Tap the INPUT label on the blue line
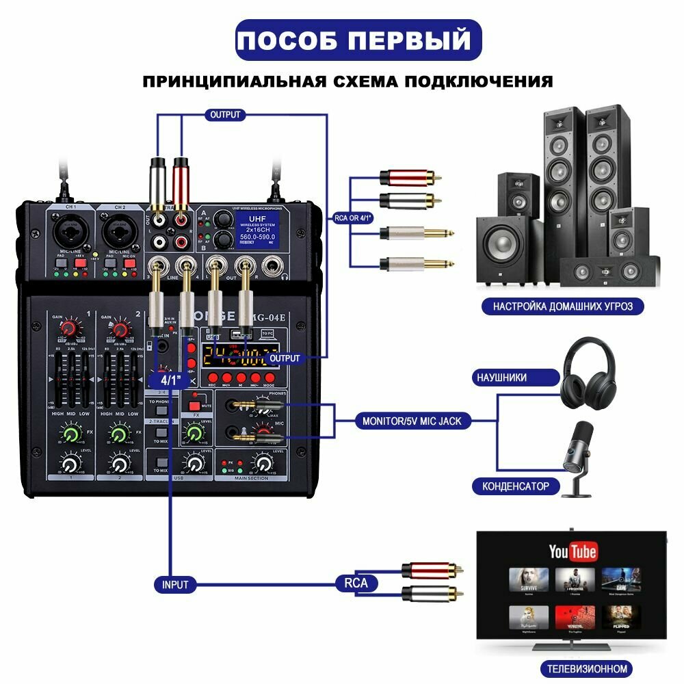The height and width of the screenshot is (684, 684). (175, 585)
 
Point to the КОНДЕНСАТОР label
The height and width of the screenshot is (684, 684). (515, 486)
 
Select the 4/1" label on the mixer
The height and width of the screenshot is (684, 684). (166, 380)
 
